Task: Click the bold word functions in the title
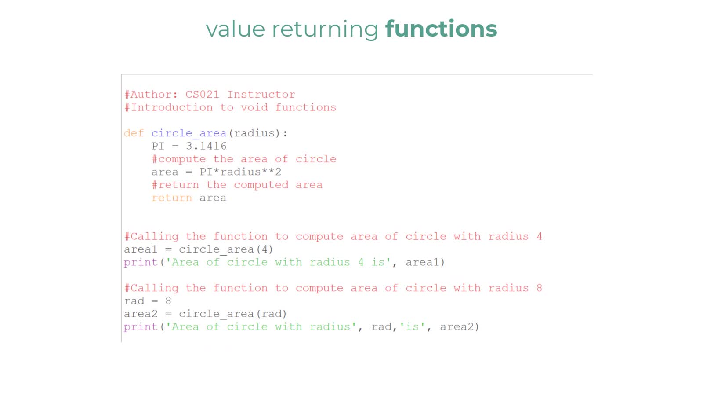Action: tap(441, 29)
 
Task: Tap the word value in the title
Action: tap(236, 29)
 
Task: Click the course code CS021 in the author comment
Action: tap(202, 95)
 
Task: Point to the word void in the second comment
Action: tap(254, 107)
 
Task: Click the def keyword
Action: tap(134, 133)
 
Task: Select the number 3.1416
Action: tap(206, 146)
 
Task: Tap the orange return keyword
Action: tap(172, 198)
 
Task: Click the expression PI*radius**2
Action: tap(240, 172)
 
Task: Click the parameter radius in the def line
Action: tap(254, 133)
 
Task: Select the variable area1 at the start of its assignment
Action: tap(141, 249)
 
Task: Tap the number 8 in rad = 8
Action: tap(168, 301)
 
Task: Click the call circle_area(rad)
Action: tap(233, 314)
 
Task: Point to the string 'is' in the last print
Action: tap(413, 327)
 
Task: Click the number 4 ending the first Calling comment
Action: tap(539, 236)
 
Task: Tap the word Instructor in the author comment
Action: tap(261, 95)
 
